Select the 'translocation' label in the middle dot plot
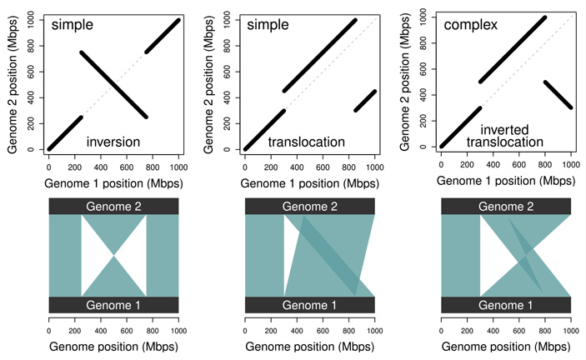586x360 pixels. click(306, 142)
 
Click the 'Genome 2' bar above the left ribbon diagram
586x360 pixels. click(113, 206)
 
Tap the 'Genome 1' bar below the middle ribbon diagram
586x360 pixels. click(309, 305)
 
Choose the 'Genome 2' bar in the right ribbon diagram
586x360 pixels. click(506, 206)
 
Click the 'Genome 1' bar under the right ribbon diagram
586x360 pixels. click(506, 305)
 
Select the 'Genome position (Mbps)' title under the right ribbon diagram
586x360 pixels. click(506, 344)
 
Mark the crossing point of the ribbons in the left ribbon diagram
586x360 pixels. click(114, 255)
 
